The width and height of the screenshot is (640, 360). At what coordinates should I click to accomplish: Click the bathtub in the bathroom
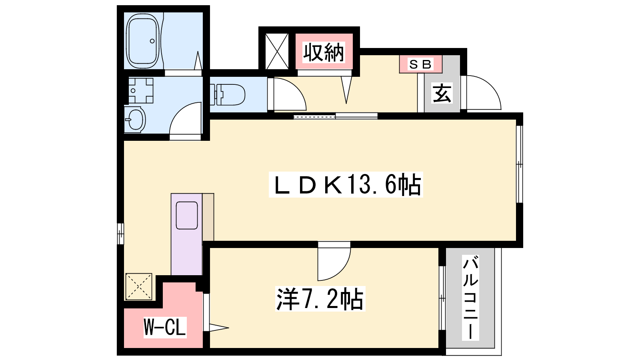click(142, 41)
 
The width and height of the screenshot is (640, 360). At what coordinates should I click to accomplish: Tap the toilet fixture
click(228, 94)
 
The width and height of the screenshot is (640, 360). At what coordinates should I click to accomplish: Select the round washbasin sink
click(135, 119)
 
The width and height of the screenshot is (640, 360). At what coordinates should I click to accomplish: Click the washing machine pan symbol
click(140, 90)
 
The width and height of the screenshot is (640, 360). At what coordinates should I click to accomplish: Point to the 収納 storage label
click(324, 52)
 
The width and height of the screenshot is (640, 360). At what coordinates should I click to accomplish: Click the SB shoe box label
click(420, 64)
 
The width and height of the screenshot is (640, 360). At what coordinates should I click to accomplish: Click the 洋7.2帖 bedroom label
click(320, 299)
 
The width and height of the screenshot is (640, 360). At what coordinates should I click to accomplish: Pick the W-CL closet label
click(165, 328)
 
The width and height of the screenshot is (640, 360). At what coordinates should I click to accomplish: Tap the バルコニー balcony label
click(470, 298)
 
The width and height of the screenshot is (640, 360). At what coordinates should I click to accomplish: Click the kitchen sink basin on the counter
click(187, 215)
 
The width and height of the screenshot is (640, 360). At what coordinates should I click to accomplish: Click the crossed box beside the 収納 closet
click(277, 52)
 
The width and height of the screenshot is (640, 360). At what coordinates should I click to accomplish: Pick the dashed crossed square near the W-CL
click(138, 286)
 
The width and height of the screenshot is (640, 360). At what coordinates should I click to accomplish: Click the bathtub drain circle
click(152, 41)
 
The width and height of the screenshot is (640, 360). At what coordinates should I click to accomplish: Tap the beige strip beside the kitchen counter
click(208, 217)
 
